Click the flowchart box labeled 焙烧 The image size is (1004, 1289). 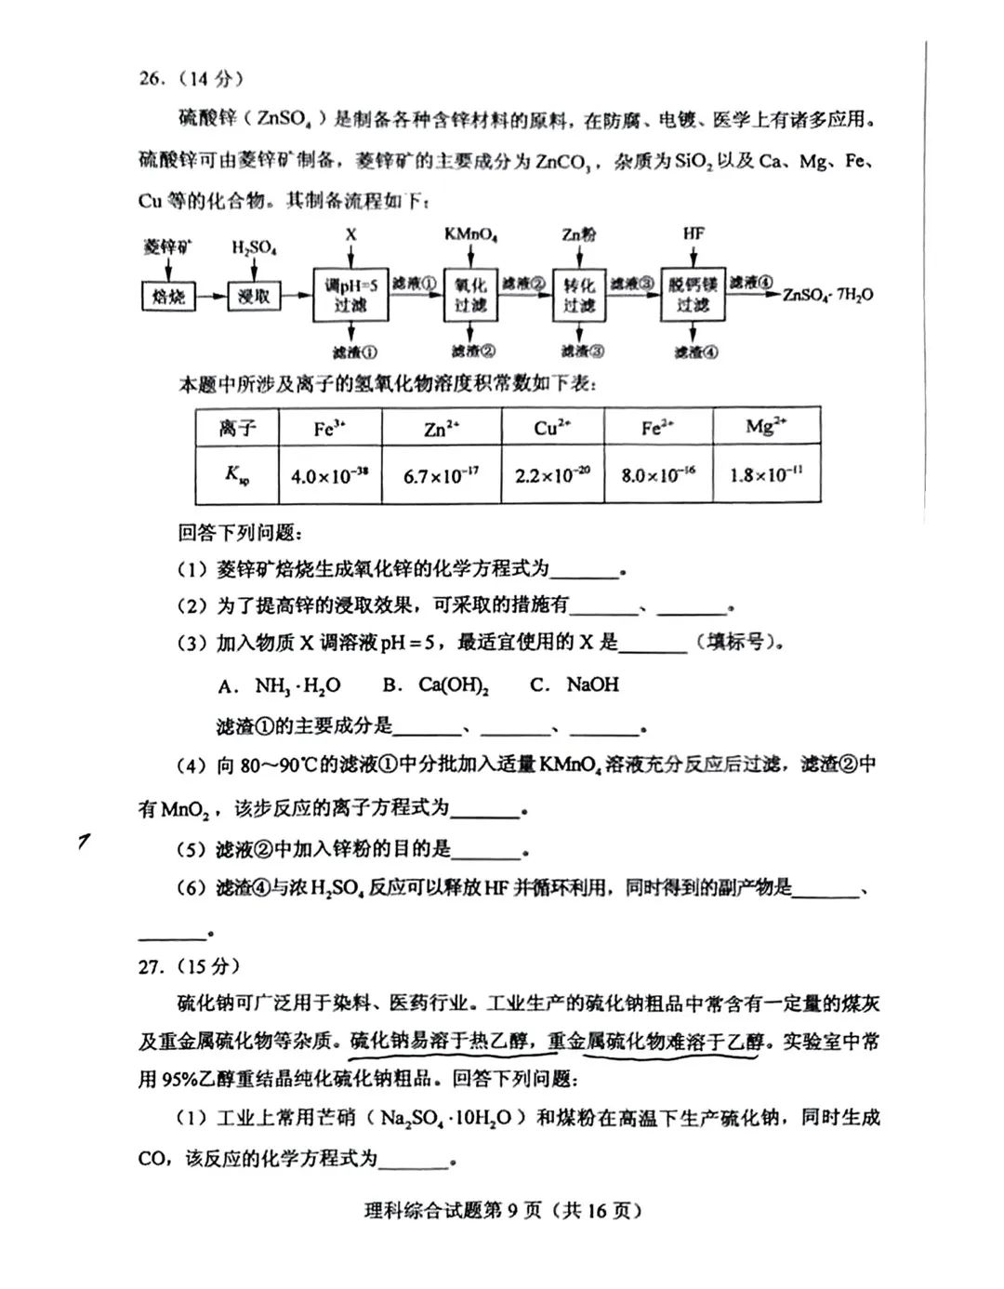[168, 297]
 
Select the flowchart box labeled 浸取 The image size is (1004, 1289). [253, 297]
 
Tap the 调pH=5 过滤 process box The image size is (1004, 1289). [350, 295]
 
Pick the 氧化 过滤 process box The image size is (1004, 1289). [470, 295]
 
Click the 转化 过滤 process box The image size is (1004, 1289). [578, 295]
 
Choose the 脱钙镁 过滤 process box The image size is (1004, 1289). [693, 295]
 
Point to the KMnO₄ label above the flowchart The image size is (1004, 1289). [470, 234]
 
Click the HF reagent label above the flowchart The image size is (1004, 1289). [694, 233]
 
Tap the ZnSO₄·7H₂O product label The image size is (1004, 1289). [827, 295]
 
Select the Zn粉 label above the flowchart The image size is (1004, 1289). [578, 234]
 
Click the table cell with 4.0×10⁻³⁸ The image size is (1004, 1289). [329, 475]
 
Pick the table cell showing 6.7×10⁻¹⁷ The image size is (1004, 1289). [441, 475]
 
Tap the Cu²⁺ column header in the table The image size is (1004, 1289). [552, 428]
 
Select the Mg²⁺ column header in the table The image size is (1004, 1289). [766, 427]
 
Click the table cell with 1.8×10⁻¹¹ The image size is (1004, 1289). [766, 475]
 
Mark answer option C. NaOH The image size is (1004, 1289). [574, 685]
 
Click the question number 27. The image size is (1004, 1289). [151, 966]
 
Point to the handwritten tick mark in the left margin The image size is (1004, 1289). [85, 842]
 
